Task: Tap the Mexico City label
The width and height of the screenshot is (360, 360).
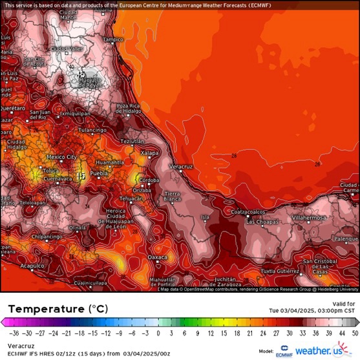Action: point(62,157)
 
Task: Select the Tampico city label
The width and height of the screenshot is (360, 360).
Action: point(112,39)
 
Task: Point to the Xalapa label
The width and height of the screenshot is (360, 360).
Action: point(149,151)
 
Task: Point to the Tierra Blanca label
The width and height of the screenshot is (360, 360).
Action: point(172,196)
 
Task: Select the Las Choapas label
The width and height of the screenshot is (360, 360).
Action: point(262,222)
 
